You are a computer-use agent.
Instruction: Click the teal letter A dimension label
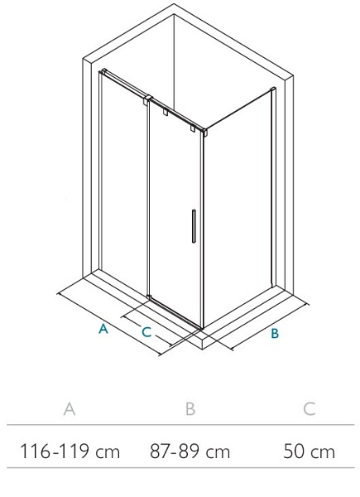tap(103, 329)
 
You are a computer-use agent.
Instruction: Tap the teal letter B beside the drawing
tap(275, 334)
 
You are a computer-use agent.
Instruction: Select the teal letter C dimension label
tap(146, 332)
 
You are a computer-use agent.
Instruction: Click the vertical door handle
tap(194, 226)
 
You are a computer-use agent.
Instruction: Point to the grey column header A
tap(70, 409)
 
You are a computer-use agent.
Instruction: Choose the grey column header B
tap(190, 409)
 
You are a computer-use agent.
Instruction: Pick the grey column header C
tap(310, 409)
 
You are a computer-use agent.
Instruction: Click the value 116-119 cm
tap(70, 451)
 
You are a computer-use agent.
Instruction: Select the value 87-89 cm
tap(190, 451)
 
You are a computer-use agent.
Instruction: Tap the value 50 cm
tap(309, 451)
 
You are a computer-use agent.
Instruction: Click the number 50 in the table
tap(294, 451)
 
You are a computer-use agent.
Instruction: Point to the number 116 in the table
tap(35, 451)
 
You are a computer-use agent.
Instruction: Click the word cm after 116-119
tap(108, 452)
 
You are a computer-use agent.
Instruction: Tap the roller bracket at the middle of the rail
tap(166, 112)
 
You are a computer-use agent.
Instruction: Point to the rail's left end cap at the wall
tap(103, 71)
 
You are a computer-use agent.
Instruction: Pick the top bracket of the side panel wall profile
tap(272, 89)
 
